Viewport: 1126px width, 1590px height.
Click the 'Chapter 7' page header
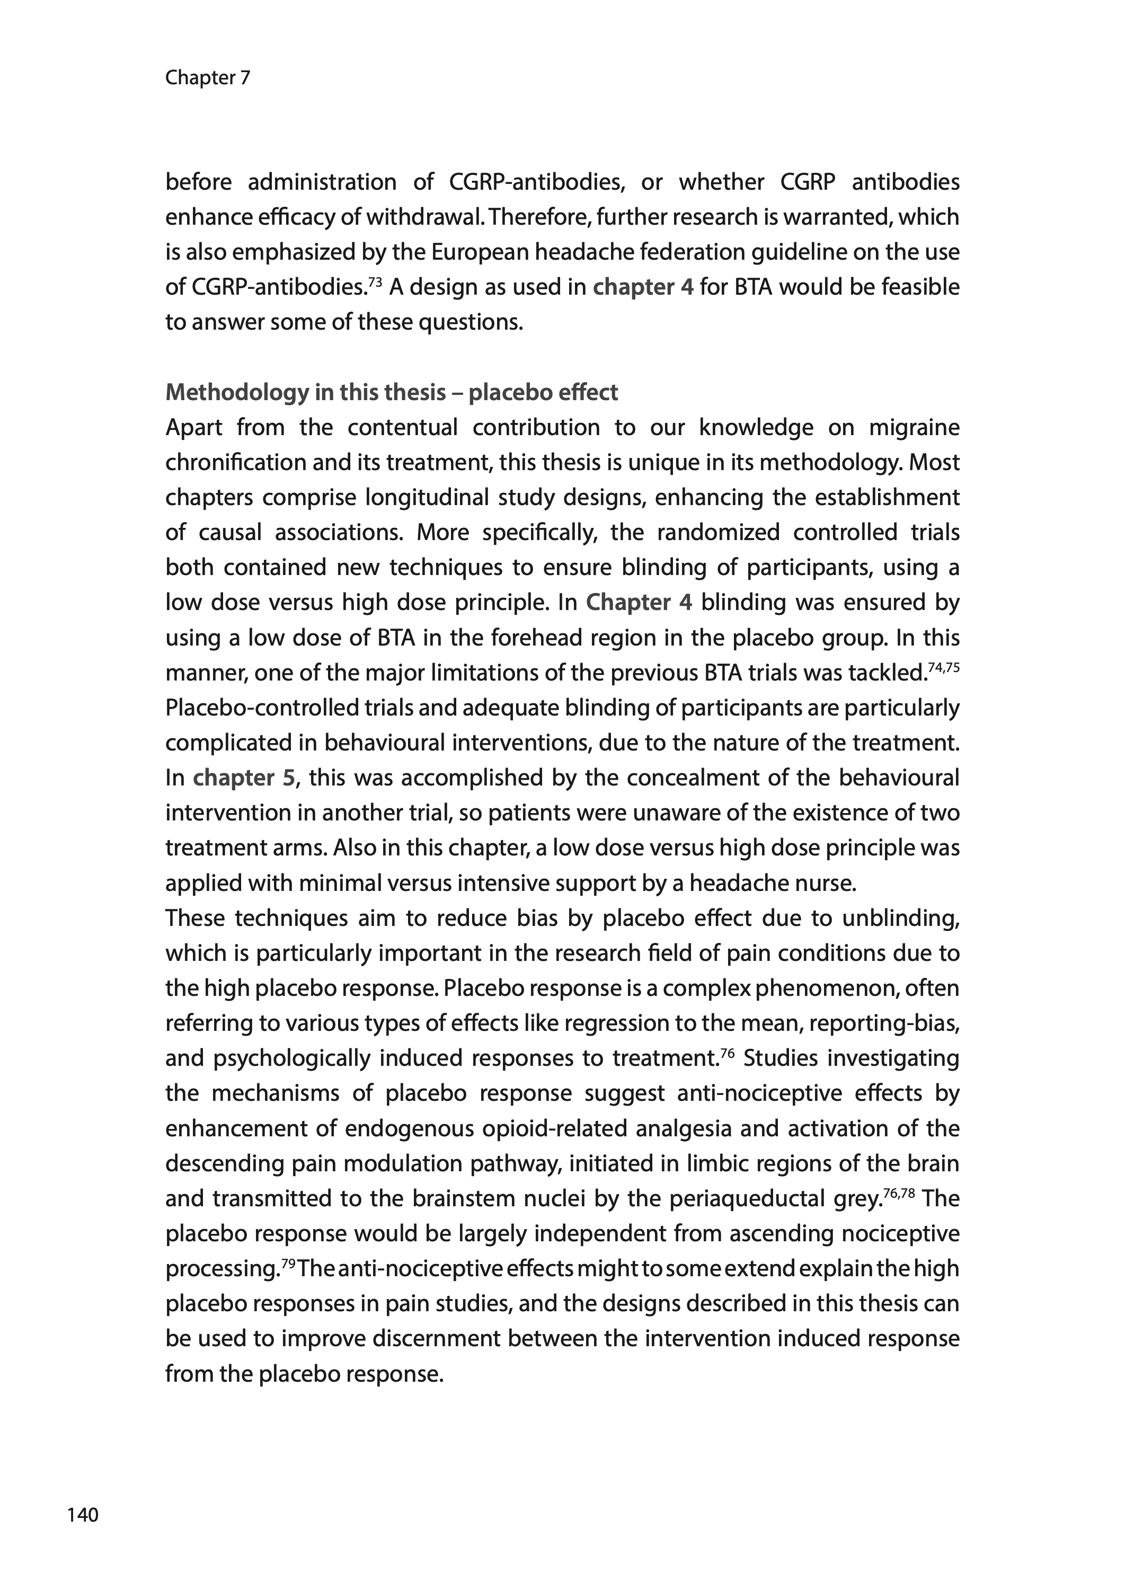(207, 78)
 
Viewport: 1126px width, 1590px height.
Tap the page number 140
(83, 1514)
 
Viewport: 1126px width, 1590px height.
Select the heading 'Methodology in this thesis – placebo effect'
(391, 393)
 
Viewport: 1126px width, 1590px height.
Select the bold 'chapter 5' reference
(244, 778)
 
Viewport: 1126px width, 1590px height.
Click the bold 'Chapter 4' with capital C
(639, 603)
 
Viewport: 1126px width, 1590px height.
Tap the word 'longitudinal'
(431, 497)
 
